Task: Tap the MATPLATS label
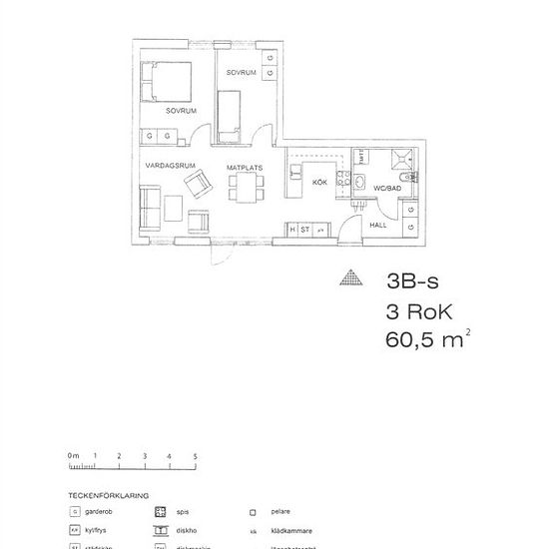pyautogui.click(x=244, y=167)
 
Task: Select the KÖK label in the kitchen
pyautogui.click(x=320, y=183)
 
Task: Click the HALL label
pyautogui.click(x=378, y=226)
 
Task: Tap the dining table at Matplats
pyautogui.click(x=246, y=186)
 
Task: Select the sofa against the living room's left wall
pyautogui.click(x=151, y=207)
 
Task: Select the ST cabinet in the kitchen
pyautogui.click(x=305, y=230)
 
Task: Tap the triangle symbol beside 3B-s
pyautogui.click(x=350, y=280)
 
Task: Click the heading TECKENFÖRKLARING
pyautogui.click(x=108, y=494)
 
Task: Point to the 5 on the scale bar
pyautogui.click(x=196, y=456)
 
